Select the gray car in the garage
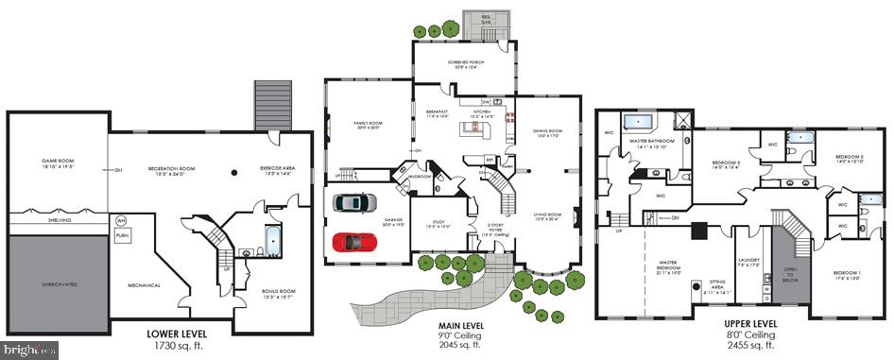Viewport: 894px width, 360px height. click(x=354, y=201)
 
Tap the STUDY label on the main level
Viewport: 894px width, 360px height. click(x=436, y=226)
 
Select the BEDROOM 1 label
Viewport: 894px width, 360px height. click(x=846, y=275)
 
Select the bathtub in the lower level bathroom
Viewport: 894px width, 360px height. click(x=272, y=241)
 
